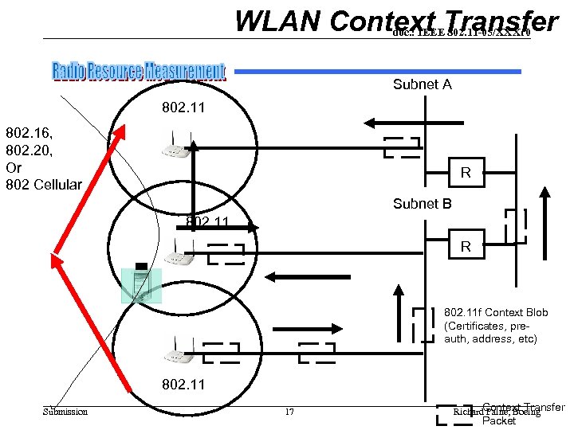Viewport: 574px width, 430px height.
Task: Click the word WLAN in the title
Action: tap(276, 22)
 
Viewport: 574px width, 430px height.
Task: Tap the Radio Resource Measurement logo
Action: tap(139, 72)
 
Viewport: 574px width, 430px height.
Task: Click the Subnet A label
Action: tap(422, 84)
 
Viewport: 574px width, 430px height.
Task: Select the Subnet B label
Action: tap(422, 204)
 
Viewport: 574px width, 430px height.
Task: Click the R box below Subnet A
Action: tap(466, 173)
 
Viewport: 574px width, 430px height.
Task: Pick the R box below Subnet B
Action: tap(466, 248)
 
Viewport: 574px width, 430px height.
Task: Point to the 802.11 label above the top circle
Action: tap(184, 107)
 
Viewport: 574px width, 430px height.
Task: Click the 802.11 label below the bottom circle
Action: tap(183, 385)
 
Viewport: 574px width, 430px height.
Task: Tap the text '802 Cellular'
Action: tap(44, 185)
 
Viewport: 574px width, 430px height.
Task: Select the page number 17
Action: tap(289, 412)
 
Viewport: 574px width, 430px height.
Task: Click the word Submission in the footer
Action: tap(65, 412)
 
